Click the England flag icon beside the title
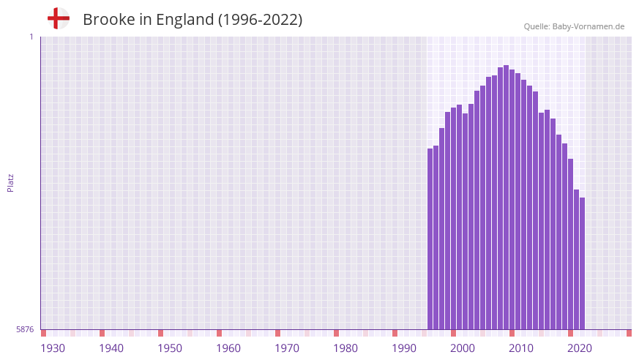[59, 18]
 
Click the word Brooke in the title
[109, 20]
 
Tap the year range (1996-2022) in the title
[260, 20]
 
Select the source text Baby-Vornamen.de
[588, 26]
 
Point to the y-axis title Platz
[10, 182]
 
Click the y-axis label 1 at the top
[31, 37]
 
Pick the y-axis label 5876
[25, 330]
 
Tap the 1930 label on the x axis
[53, 348]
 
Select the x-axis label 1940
[111, 348]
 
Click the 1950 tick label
[170, 348]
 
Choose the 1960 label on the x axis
[228, 348]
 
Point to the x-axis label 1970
[287, 348]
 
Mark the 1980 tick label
[345, 348]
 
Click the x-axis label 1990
[404, 348]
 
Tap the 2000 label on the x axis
[463, 348]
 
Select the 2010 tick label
[521, 348]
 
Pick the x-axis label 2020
[580, 348]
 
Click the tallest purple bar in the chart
[507, 198]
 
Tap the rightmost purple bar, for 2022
[583, 263]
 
